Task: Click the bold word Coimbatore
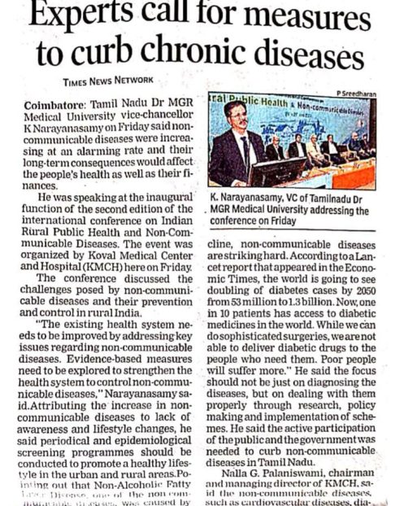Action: click(x=58, y=108)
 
